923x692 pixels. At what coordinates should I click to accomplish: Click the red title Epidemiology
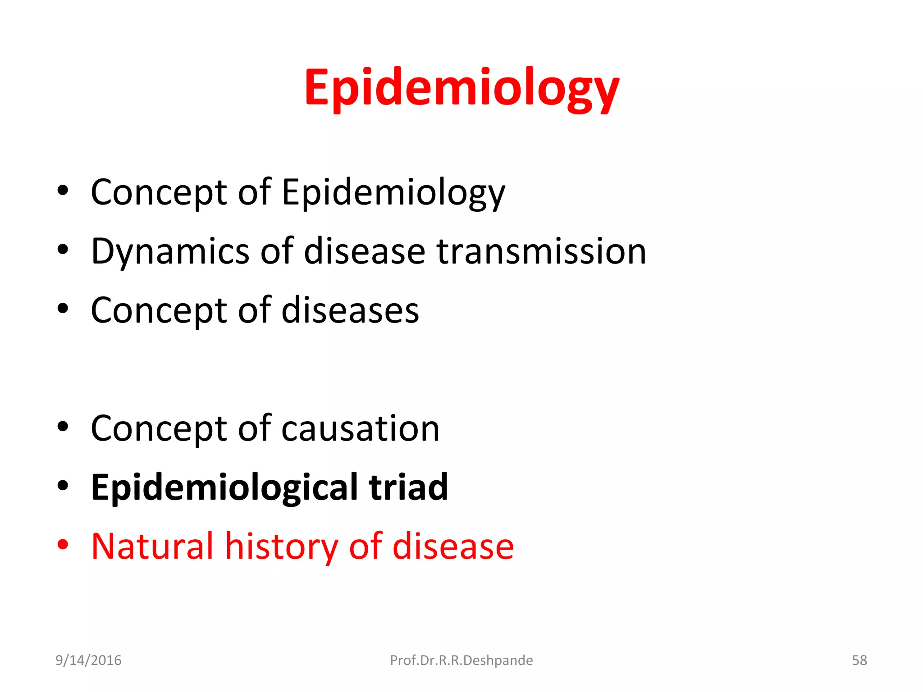click(461, 87)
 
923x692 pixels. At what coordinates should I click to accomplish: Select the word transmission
click(541, 251)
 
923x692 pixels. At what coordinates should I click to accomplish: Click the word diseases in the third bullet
click(350, 310)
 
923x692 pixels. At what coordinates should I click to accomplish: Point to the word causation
click(360, 428)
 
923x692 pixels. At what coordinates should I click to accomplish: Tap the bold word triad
click(408, 487)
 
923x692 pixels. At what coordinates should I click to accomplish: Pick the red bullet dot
click(63, 545)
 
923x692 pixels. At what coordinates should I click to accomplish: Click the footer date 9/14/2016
click(88, 660)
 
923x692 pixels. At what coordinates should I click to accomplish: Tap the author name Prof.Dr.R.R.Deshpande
click(461, 660)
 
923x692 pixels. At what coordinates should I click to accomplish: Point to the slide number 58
click(859, 660)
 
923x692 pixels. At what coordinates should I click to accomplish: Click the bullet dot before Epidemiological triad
click(63, 486)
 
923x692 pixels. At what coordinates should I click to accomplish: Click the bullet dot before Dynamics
click(63, 249)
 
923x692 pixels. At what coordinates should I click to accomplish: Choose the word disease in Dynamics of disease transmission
click(365, 251)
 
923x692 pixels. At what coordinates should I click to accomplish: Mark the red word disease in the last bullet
click(453, 546)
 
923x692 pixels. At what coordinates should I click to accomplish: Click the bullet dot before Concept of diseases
click(63, 309)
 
